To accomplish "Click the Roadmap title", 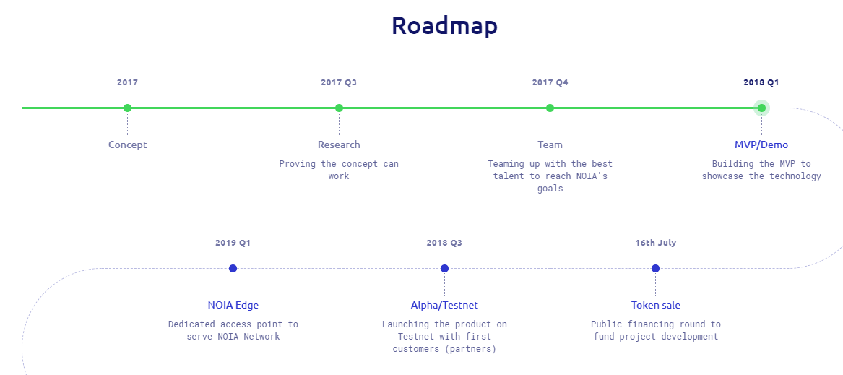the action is (x=445, y=25).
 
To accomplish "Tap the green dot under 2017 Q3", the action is (x=339, y=108).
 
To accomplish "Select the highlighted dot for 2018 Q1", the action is (x=761, y=108).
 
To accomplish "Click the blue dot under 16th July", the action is (x=655, y=269).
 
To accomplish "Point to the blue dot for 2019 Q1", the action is (x=233, y=269).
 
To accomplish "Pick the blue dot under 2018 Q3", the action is (x=445, y=269).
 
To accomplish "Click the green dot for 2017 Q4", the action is (x=550, y=108).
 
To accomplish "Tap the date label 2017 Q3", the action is (x=339, y=82).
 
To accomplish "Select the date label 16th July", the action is (x=655, y=243).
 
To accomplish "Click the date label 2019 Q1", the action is (x=233, y=243).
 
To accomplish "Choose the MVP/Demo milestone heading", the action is (x=761, y=145).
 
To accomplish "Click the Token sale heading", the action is (x=655, y=305).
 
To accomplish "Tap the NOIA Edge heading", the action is (x=233, y=305).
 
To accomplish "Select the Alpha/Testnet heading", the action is (x=445, y=305).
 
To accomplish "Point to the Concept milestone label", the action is (x=127, y=145).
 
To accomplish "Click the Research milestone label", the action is (x=339, y=145).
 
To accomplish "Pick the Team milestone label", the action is (x=550, y=145).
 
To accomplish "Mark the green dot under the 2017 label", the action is (x=127, y=108).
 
